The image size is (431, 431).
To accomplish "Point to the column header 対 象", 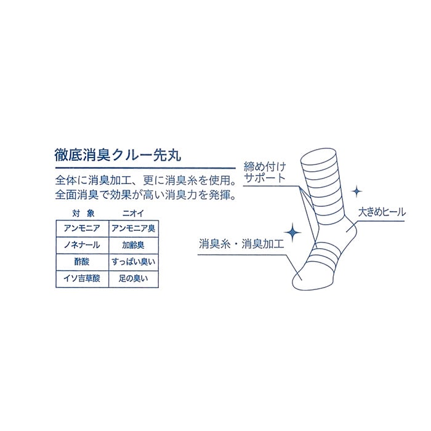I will click(x=81, y=213).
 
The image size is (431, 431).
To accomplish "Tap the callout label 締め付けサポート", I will click(x=265, y=171).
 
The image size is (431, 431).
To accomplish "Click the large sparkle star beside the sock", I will click(x=293, y=233).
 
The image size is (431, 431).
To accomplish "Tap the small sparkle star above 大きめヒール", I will click(x=356, y=192).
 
